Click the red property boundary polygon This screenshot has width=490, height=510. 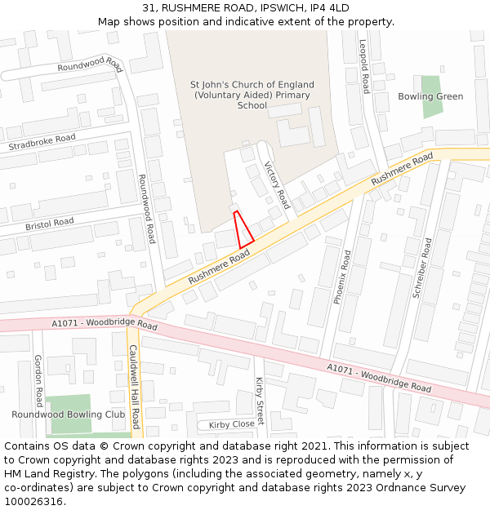click(243, 232)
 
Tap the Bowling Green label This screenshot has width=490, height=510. click(430, 96)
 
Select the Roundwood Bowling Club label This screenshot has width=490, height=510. click(69, 415)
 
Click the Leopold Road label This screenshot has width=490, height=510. click(364, 67)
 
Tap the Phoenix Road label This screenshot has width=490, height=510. click(343, 277)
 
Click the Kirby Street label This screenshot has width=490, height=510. click(260, 401)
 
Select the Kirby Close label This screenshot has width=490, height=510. click(231, 424)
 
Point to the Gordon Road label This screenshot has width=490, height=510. click(38, 380)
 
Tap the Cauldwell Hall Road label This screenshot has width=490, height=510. click(134, 386)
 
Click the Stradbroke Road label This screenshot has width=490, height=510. click(42, 143)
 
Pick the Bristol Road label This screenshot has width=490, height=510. click(49, 223)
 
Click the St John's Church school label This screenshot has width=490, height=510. click(252, 95)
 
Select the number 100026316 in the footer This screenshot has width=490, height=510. click(34, 501)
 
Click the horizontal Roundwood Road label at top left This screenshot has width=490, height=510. click(90, 64)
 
